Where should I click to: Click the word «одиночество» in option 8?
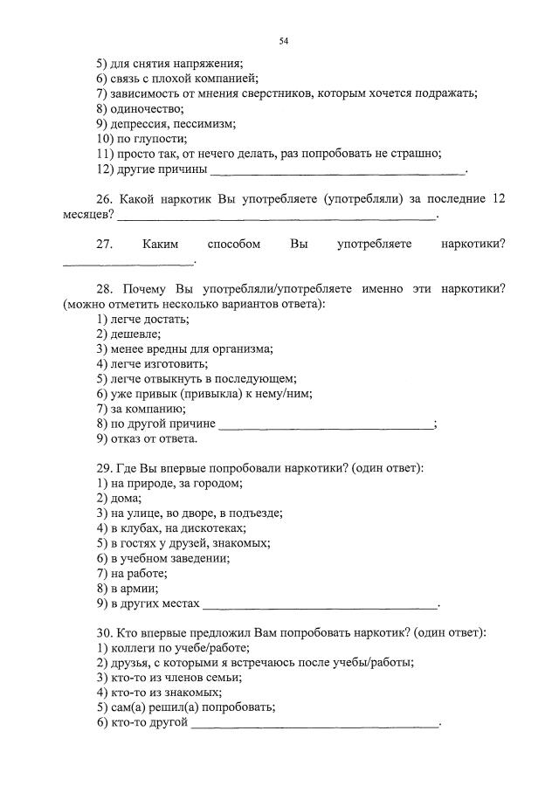pyautogui.click(x=147, y=109)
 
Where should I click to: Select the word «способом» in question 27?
pyautogui.click(x=234, y=245)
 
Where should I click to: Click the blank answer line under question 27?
pyautogui.click(x=128, y=260)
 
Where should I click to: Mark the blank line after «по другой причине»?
pyautogui.click(x=325, y=424)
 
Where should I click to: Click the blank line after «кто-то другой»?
pyautogui.click(x=314, y=723)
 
